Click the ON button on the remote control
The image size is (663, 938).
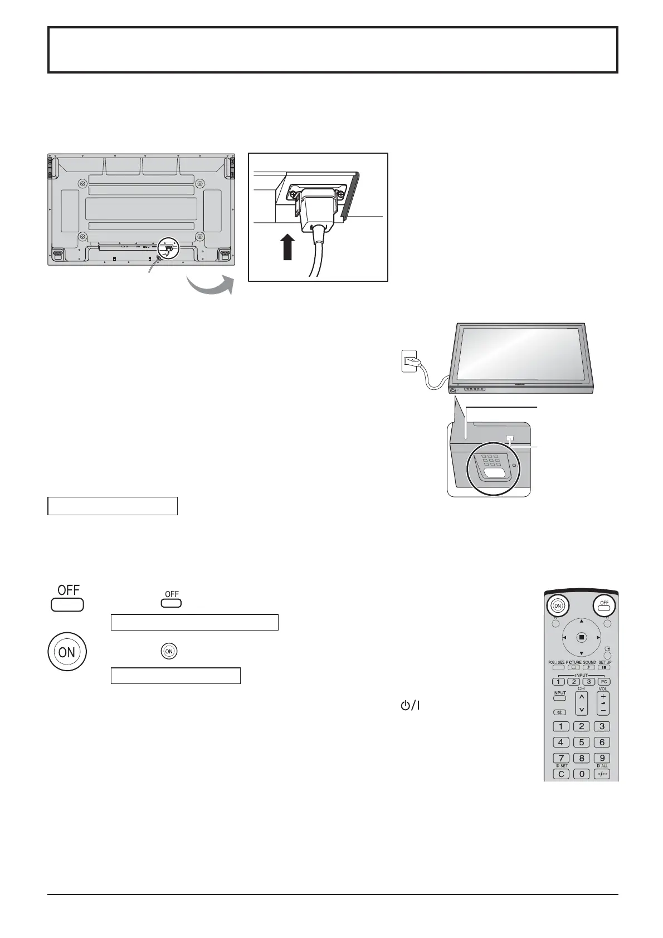(555, 605)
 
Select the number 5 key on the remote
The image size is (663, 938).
(581, 742)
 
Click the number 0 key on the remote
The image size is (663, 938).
(581, 774)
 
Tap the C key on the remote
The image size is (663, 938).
(560, 774)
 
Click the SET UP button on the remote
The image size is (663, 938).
(604, 667)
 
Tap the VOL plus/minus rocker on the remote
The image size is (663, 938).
(602, 702)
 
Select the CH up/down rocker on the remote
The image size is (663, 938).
(581, 703)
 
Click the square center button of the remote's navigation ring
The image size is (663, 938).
(581, 637)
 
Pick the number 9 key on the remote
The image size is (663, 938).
(602, 758)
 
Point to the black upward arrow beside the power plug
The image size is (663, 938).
(287, 247)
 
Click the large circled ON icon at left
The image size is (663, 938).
(66, 652)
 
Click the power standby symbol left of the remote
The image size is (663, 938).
(408, 705)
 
